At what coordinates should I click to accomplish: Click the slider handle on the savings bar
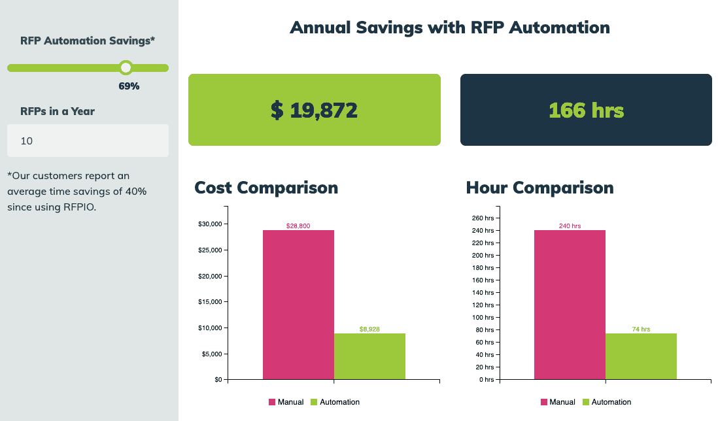tap(126, 67)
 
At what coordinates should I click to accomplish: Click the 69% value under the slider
tap(129, 86)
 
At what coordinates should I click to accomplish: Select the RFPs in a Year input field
tap(88, 141)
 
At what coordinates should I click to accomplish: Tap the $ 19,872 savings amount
tap(314, 110)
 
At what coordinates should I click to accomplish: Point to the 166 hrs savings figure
tap(586, 110)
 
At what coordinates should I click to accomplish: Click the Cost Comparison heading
tap(266, 188)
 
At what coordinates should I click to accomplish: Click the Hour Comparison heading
tap(539, 188)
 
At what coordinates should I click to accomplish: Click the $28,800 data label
tap(298, 226)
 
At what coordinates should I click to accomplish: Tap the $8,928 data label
tap(369, 329)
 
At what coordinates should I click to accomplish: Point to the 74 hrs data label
tap(641, 329)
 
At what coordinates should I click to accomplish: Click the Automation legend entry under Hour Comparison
tap(606, 402)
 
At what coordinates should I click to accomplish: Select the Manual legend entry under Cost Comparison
tap(285, 402)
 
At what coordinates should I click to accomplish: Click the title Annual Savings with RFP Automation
tap(449, 27)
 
